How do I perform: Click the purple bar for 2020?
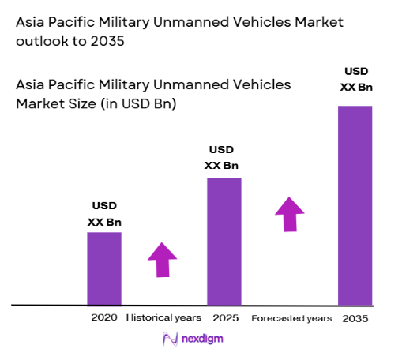click(x=104, y=268)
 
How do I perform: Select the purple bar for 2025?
click(x=224, y=241)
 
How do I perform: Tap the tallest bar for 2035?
click(x=355, y=204)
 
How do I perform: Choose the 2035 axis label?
click(x=355, y=318)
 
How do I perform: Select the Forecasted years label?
click(x=291, y=318)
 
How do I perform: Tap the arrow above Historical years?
click(x=163, y=259)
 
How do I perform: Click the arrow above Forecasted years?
click(x=290, y=213)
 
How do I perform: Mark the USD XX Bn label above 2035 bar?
click(x=356, y=81)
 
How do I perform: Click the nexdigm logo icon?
click(x=169, y=339)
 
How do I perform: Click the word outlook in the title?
click(x=42, y=43)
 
